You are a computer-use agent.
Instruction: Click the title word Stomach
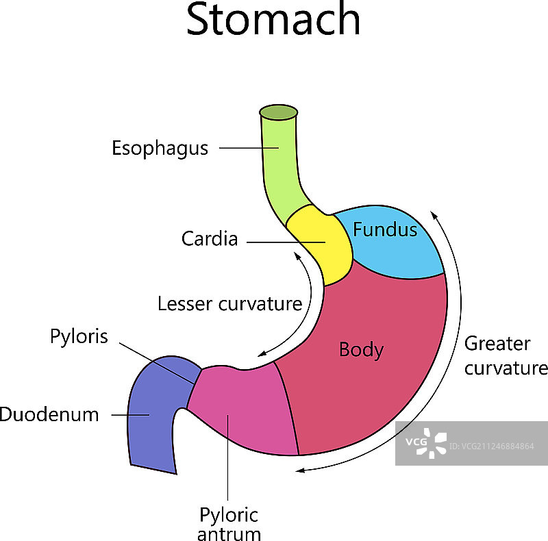(273, 21)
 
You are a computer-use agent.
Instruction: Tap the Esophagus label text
(160, 148)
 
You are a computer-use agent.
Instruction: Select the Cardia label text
(210, 239)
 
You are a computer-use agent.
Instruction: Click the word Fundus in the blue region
(385, 229)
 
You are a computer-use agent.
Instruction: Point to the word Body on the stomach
(361, 350)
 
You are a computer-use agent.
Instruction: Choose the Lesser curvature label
(229, 303)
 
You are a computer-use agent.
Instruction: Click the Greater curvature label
(506, 355)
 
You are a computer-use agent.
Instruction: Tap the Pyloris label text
(79, 337)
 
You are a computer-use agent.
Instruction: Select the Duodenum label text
(49, 414)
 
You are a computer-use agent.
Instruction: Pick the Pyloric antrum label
(229, 524)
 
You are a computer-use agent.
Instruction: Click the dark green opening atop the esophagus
(278, 112)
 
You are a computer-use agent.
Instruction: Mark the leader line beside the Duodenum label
(130, 414)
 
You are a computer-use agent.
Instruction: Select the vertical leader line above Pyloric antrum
(227, 466)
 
